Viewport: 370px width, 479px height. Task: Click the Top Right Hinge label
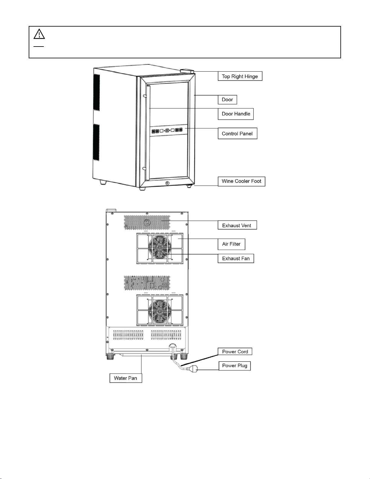pos(240,76)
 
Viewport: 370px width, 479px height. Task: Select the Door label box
pos(227,100)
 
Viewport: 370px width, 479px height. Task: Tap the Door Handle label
pos(236,114)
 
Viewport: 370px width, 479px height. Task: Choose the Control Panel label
pos(237,133)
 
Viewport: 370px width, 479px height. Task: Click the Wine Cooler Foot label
pos(241,181)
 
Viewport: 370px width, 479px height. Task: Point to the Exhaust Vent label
pos(237,225)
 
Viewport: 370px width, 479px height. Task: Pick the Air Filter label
pos(231,244)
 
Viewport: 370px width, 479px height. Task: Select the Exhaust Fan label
pos(236,258)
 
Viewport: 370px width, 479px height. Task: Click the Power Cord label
pos(235,351)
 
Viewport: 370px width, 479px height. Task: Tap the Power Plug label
pos(235,366)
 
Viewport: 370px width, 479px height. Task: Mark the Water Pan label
pos(126,378)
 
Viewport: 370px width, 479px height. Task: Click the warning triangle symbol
pos(39,34)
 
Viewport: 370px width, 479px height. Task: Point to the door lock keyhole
pos(167,183)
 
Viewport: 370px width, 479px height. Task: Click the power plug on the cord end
pos(192,368)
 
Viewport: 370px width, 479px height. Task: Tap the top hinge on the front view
pos(187,71)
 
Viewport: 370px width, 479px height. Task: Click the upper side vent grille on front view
pos(96,92)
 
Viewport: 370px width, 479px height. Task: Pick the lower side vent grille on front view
pos(96,142)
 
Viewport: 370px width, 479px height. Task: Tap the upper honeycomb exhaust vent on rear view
pos(147,222)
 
